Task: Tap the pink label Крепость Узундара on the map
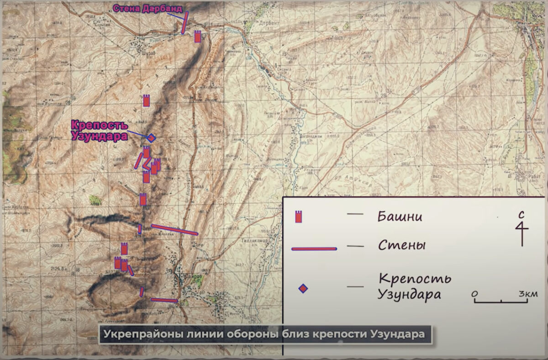(100, 130)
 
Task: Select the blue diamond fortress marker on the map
(151, 138)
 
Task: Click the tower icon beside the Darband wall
(198, 37)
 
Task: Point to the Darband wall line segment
(184, 23)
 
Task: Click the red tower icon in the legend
(299, 217)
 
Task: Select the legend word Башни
(400, 216)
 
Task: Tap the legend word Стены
(402, 245)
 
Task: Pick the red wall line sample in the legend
(314, 249)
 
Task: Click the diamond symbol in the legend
(303, 288)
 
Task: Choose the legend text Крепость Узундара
(413, 286)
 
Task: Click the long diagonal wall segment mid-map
(174, 229)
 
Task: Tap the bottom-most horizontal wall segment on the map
(164, 300)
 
